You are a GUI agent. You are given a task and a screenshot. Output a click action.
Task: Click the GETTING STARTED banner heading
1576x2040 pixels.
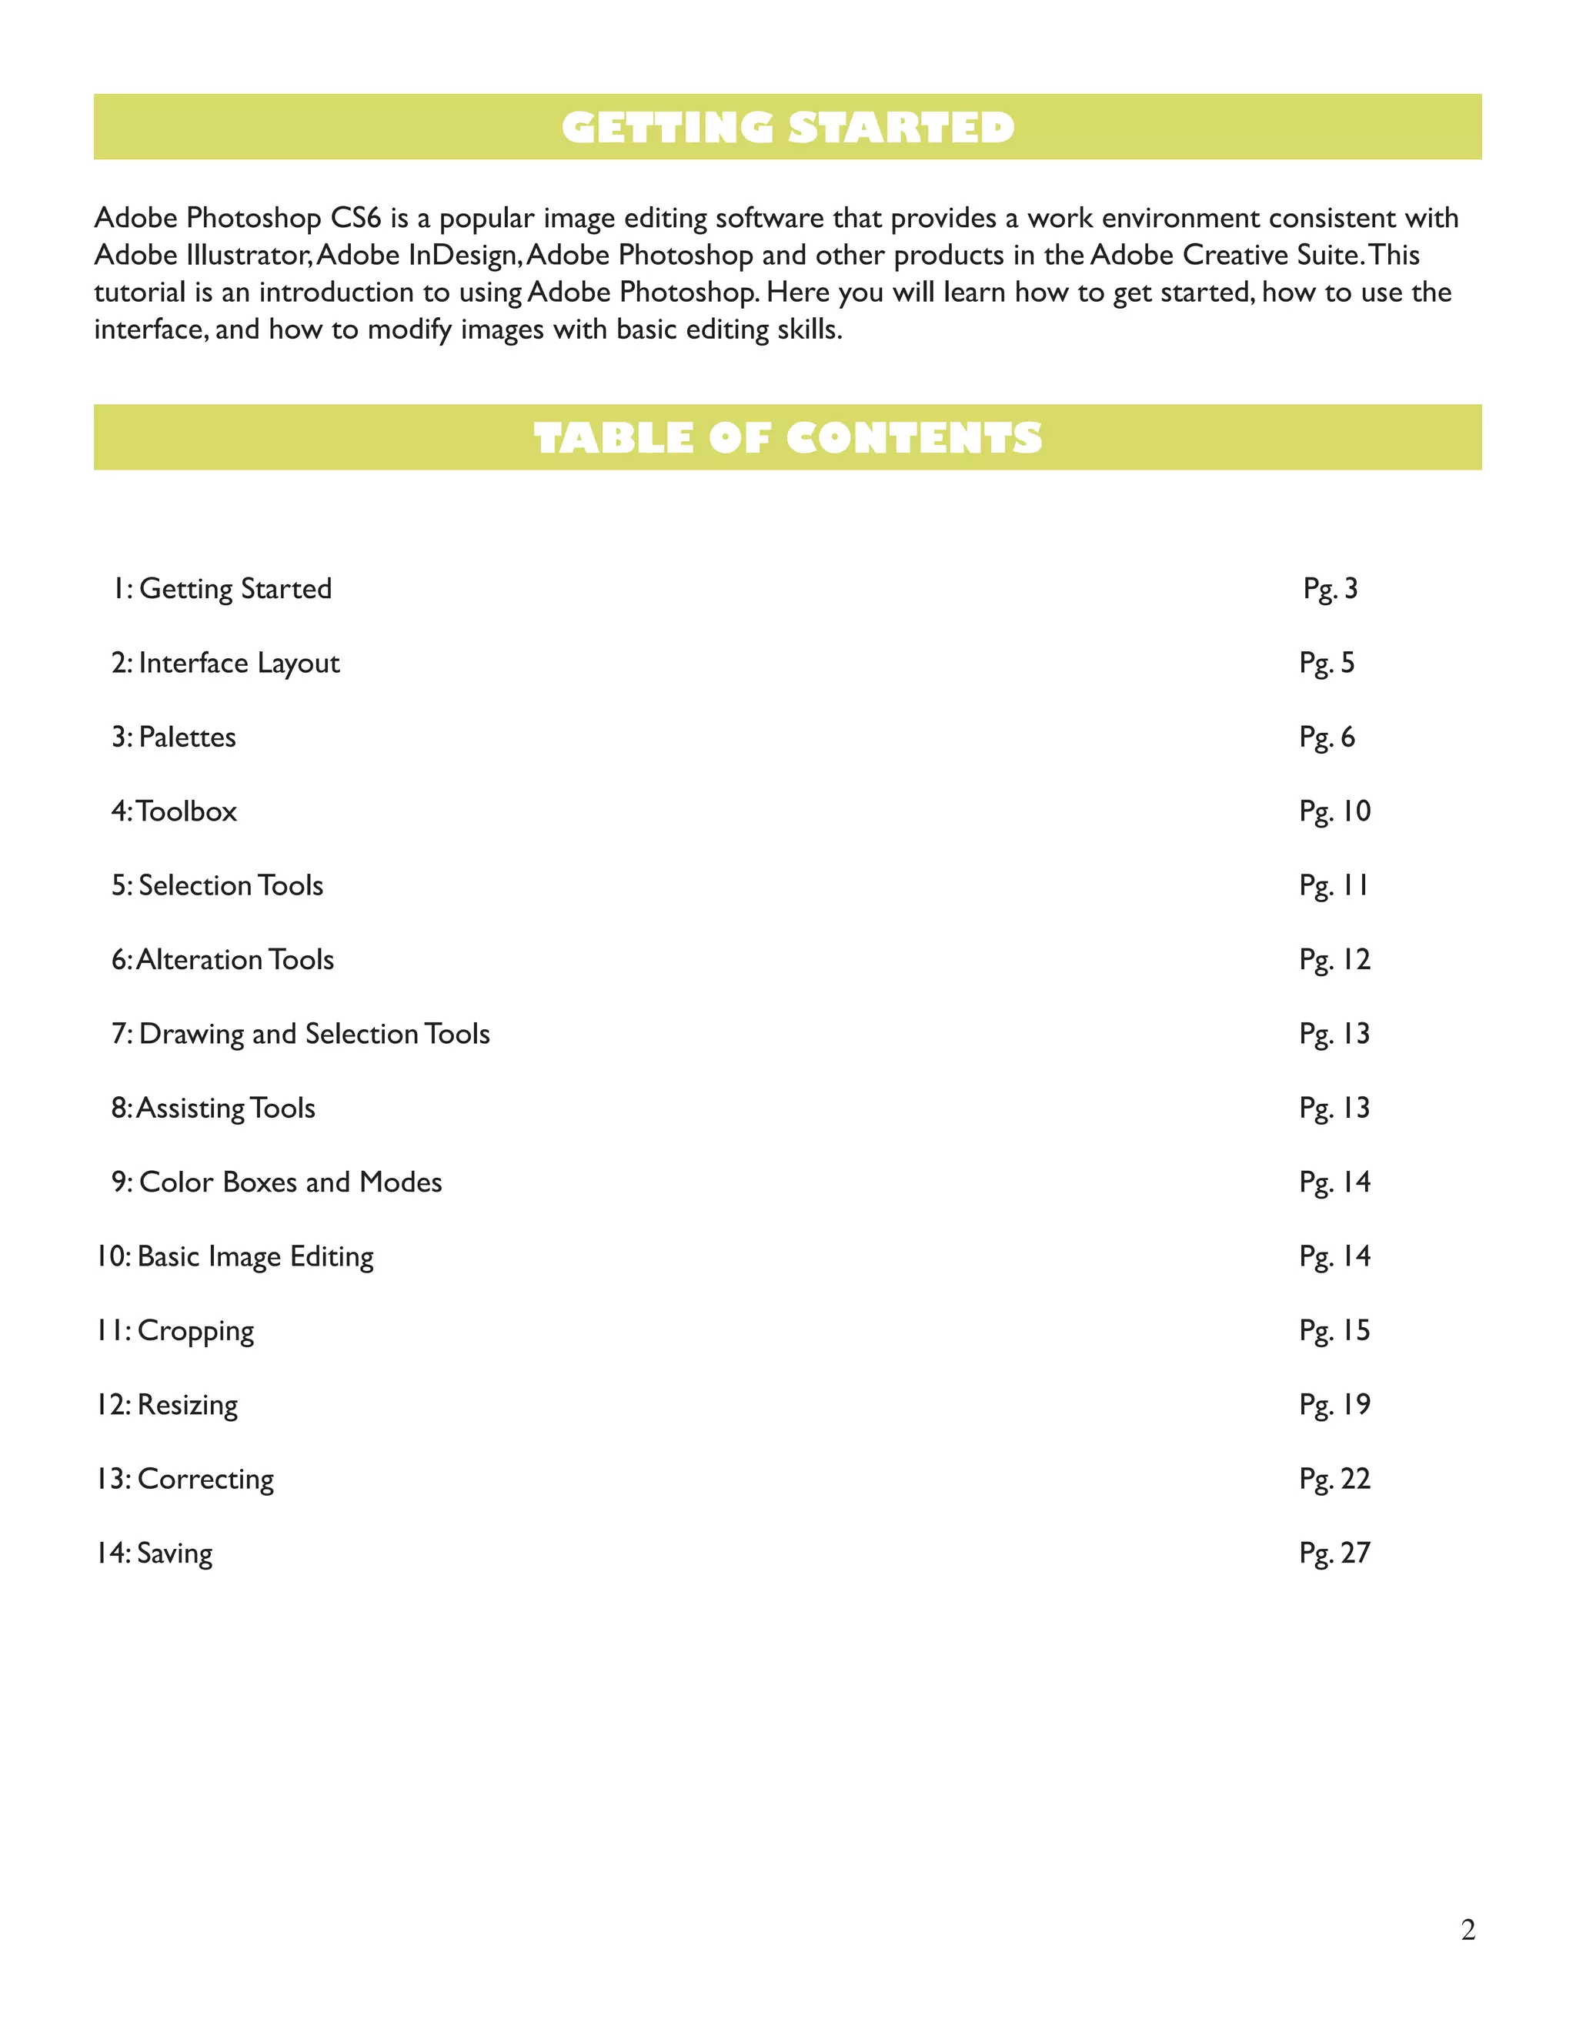[x=787, y=127]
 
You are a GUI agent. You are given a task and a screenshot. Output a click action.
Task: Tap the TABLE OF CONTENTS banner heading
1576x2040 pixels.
[x=787, y=437]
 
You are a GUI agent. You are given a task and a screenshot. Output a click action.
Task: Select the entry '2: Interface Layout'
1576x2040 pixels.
[x=225, y=663]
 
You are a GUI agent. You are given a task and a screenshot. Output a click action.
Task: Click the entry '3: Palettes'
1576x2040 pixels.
[x=174, y=737]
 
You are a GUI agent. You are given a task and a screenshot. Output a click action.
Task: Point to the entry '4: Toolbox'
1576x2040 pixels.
[x=174, y=811]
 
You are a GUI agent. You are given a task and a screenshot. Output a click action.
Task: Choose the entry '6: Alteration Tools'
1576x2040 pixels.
[x=222, y=959]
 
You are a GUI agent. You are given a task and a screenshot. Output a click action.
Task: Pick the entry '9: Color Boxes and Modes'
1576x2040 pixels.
[x=276, y=1182]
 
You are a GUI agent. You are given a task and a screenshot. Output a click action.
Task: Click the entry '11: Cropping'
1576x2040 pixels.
[x=175, y=1330]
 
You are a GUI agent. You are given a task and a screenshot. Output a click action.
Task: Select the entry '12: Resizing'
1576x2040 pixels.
[x=167, y=1405]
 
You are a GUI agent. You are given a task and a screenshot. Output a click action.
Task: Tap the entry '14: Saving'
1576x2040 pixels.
[x=154, y=1553]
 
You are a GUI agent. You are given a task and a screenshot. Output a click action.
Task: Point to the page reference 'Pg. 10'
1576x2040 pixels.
[x=1334, y=811]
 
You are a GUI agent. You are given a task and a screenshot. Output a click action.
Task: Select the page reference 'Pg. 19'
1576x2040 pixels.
[x=1334, y=1405]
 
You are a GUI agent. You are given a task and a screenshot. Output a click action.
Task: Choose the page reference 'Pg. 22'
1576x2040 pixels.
[x=1334, y=1479]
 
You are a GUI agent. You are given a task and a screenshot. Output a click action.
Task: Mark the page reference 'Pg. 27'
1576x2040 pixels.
[x=1334, y=1553]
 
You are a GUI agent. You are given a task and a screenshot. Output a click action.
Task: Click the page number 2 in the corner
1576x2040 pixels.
[x=1467, y=1929]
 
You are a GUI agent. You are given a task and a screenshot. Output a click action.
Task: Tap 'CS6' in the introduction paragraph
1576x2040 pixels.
[x=356, y=218]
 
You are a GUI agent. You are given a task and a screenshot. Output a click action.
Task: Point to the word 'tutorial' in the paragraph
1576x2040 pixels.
[x=140, y=293]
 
